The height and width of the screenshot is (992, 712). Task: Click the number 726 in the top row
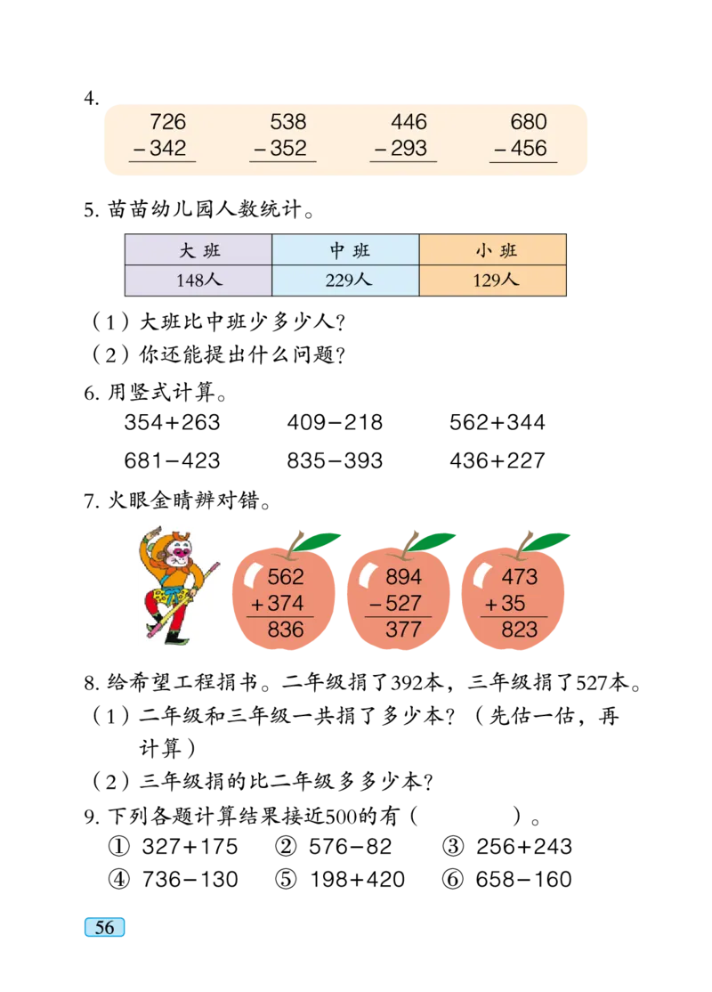point(167,122)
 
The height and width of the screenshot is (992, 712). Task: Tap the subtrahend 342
point(167,149)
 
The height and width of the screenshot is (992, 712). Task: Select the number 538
point(287,122)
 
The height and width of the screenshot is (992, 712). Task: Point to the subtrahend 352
point(287,149)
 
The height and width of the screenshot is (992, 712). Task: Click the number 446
point(409,122)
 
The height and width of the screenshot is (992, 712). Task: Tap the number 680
point(529,122)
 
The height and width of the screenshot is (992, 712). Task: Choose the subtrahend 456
point(528,149)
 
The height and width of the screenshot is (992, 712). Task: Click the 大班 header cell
point(198,250)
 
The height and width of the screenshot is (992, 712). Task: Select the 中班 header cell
point(345,250)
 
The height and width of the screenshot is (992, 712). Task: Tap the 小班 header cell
point(494,250)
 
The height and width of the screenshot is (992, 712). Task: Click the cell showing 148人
point(198,281)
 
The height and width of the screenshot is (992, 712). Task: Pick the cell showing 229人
point(345,281)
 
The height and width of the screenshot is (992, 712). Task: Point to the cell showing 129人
point(494,281)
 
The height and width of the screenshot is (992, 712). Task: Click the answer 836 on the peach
point(285,630)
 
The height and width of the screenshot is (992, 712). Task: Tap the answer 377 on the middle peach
point(403,630)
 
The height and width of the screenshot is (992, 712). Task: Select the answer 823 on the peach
point(519,630)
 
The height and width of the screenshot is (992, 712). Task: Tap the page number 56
point(104,927)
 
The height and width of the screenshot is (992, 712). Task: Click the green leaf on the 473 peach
point(547,540)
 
